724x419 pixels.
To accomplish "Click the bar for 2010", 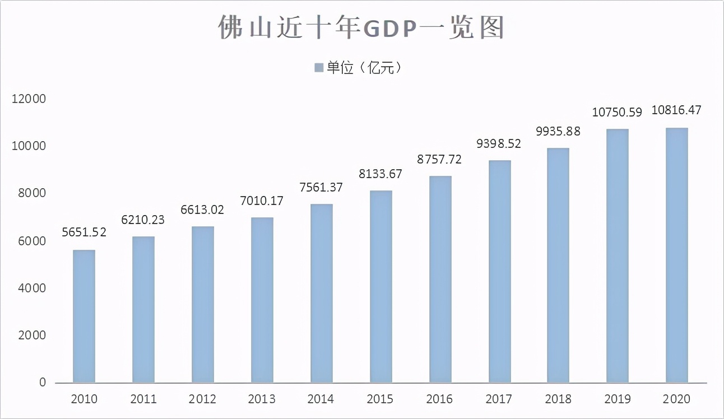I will [84, 316].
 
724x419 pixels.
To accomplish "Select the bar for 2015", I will [380, 287].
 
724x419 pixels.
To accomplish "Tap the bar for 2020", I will [676, 255].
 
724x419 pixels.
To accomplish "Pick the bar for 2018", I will [558, 266].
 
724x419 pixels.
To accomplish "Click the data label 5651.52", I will [84, 232].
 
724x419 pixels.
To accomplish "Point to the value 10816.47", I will [676, 110].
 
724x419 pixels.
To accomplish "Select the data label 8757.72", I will [439, 159].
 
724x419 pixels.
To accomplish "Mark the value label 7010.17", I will [262, 200].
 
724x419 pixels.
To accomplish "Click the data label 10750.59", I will [617, 112].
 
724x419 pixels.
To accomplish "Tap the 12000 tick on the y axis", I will [27, 99].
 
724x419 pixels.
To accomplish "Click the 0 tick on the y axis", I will [43, 383].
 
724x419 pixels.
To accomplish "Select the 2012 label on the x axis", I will [202, 399].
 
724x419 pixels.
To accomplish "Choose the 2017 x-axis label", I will [499, 399].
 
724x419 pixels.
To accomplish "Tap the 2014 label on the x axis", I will [321, 399].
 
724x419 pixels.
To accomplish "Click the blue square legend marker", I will [319, 68].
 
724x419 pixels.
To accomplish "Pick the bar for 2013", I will [262, 300].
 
